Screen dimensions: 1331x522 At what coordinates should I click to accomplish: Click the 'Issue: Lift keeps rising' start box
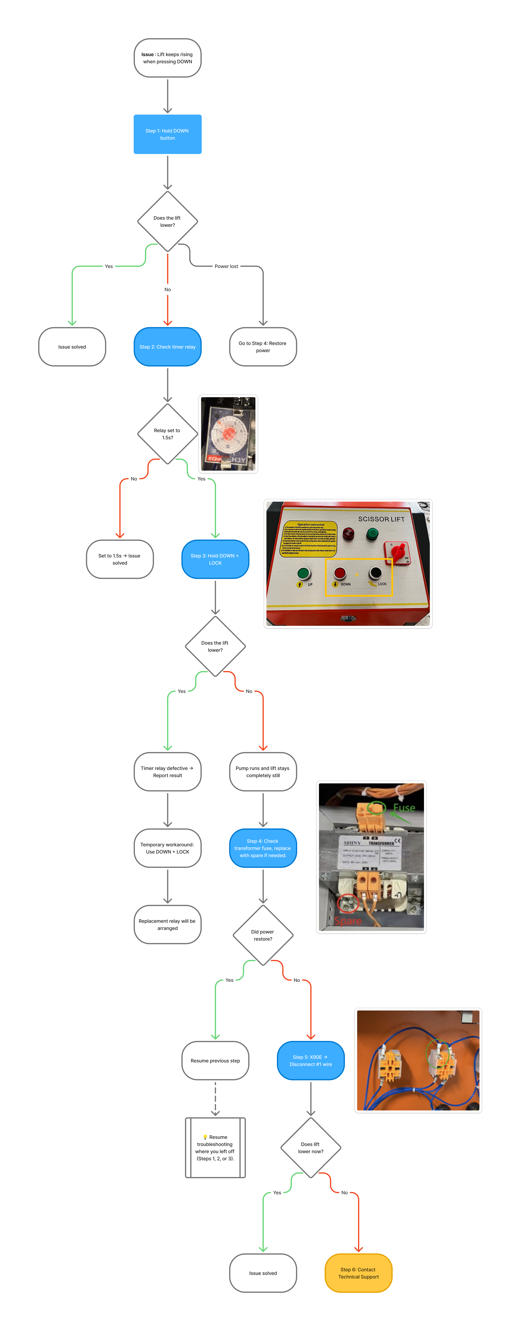[167, 58]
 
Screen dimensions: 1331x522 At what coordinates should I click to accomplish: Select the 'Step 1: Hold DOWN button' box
[167, 134]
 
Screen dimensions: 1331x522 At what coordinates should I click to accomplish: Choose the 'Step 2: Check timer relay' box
[167, 347]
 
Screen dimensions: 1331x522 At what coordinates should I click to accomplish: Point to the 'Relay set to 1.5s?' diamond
[167, 434]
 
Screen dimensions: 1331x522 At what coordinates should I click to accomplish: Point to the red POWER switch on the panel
[397, 552]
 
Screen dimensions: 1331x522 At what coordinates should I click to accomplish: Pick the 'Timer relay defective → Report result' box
[167, 771]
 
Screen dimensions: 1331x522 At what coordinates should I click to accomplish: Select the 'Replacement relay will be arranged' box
[167, 924]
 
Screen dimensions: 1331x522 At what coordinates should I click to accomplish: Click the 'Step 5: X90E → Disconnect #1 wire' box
[311, 1060]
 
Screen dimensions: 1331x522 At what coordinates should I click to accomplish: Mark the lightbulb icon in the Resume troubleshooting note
[205, 1137]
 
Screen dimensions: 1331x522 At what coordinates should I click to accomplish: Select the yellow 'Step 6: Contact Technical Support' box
[358, 1273]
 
